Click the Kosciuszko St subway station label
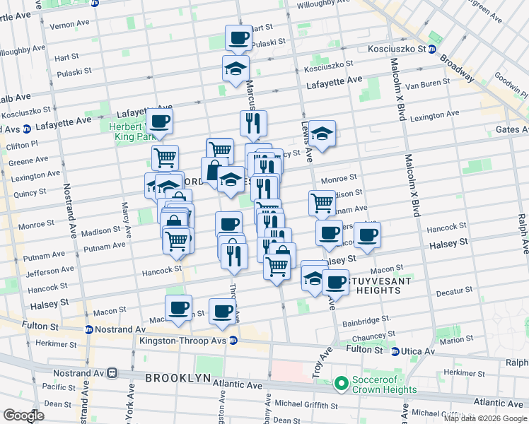click(395, 49)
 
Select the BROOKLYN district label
click(178, 378)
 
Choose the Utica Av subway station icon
click(396, 351)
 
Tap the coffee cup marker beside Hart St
click(238, 37)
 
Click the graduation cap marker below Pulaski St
click(236, 68)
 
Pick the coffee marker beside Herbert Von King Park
click(161, 122)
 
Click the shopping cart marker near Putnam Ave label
click(322, 202)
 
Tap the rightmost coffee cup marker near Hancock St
click(367, 235)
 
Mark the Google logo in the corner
click(23, 416)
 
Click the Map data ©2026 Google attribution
click(484, 418)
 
